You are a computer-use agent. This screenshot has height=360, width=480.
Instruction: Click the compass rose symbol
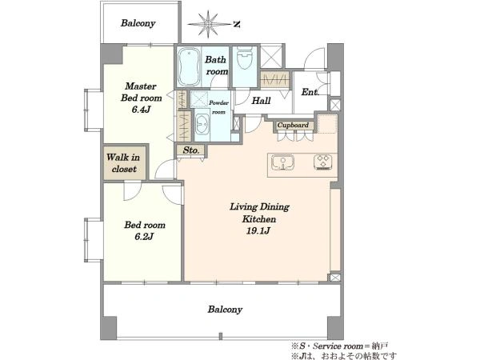(x=209, y=24)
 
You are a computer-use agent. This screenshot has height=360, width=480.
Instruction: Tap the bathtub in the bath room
(x=189, y=66)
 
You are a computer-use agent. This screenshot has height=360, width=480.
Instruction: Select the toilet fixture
(x=245, y=58)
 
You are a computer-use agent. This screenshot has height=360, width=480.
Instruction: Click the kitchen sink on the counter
(x=282, y=162)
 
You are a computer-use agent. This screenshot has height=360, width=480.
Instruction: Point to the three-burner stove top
(x=323, y=162)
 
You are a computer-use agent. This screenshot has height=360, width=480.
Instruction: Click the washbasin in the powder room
(x=202, y=124)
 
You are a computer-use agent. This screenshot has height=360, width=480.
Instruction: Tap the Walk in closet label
(x=123, y=163)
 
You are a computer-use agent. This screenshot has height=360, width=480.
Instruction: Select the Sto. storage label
(x=191, y=150)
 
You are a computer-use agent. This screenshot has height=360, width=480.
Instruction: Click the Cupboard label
(x=293, y=126)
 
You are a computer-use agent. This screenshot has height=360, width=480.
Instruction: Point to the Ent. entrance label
(x=310, y=92)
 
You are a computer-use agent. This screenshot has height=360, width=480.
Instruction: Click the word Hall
(x=261, y=101)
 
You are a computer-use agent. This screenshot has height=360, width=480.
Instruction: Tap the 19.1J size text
(x=258, y=230)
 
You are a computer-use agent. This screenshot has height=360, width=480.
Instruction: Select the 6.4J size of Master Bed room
(x=141, y=110)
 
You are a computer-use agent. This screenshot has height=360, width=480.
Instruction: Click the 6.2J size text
(x=144, y=236)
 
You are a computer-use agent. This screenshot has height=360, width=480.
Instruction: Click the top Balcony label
(x=138, y=23)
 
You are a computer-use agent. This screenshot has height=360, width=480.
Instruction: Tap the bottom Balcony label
(x=225, y=310)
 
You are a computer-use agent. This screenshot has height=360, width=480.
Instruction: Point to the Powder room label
(x=218, y=107)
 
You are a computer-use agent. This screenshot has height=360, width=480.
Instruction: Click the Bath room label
(x=217, y=66)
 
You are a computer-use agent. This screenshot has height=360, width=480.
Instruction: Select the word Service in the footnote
(x=326, y=346)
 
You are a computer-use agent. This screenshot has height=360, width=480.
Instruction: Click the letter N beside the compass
(x=236, y=24)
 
